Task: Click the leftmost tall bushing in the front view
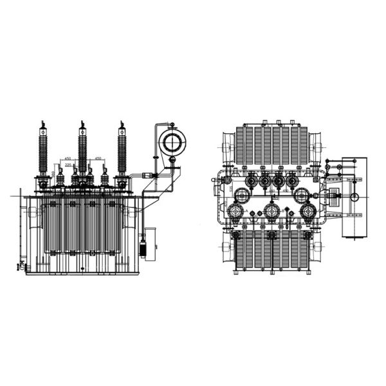click(x=43, y=151)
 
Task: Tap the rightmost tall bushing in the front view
click(x=121, y=151)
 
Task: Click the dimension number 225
click(x=68, y=165)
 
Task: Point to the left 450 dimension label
click(x=68, y=158)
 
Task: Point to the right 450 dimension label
click(x=98, y=158)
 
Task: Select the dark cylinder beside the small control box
click(x=143, y=248)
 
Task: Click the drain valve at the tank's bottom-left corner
click(x=21, y=264)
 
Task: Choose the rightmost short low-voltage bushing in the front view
click(x=104, y=178)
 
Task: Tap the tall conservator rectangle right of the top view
click(x=353, y=196)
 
